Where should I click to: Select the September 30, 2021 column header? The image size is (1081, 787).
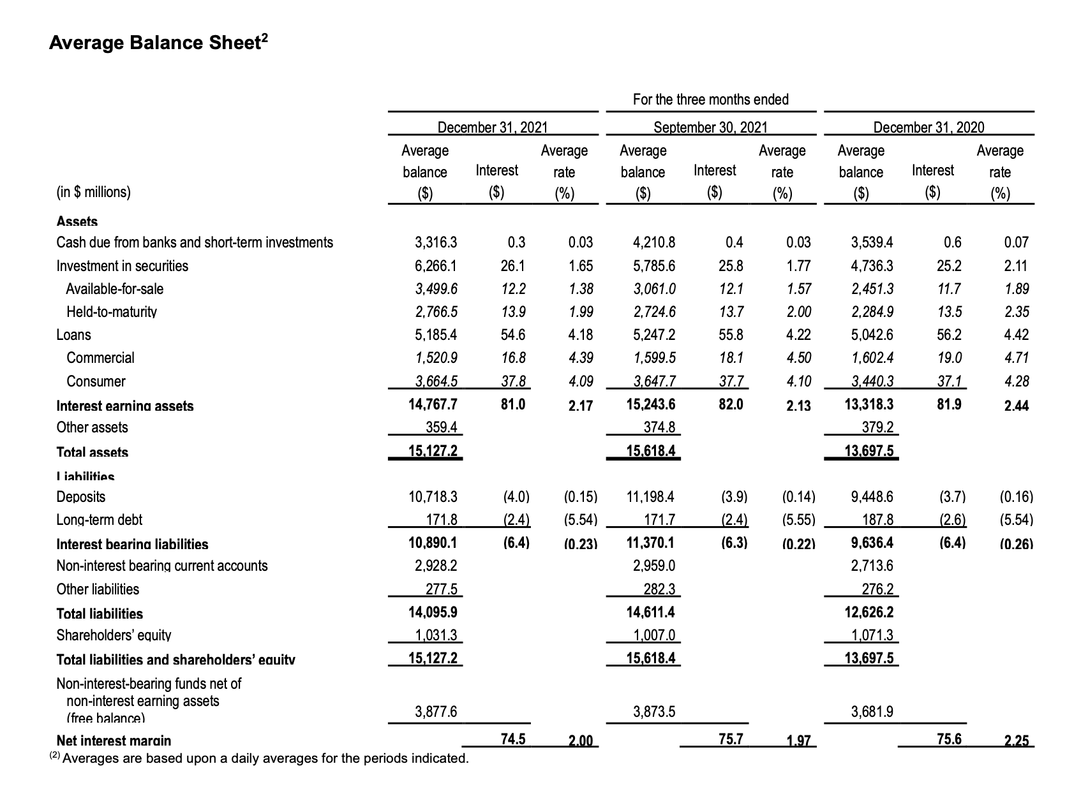coord(710,127)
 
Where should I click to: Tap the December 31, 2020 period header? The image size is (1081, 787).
coord(928,127)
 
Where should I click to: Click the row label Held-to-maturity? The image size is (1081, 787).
coord(112,312)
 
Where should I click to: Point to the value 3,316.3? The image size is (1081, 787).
coord(436,242)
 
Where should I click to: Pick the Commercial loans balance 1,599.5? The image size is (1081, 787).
coord(654,358)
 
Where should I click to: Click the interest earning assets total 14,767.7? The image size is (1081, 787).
coord(433,404)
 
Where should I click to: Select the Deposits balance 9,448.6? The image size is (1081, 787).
coord(872,496)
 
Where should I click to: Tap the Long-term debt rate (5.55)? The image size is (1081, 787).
coord(798,520)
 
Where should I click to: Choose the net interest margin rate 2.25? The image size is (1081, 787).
coord(1017,741)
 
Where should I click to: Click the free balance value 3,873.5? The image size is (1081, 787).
coord(654,711)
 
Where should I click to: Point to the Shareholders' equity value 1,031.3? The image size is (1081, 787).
coord(436,635)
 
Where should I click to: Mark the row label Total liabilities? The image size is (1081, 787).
coord(100,614)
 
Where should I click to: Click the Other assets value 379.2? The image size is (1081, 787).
coord(879,427)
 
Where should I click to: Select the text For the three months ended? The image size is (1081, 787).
coord(710,99)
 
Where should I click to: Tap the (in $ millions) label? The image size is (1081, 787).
coord(93,192)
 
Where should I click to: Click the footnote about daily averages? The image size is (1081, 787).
coord(259,758)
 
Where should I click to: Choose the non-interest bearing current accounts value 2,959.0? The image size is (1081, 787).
coord(654,566)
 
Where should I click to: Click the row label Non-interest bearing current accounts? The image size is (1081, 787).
coord(162,566)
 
